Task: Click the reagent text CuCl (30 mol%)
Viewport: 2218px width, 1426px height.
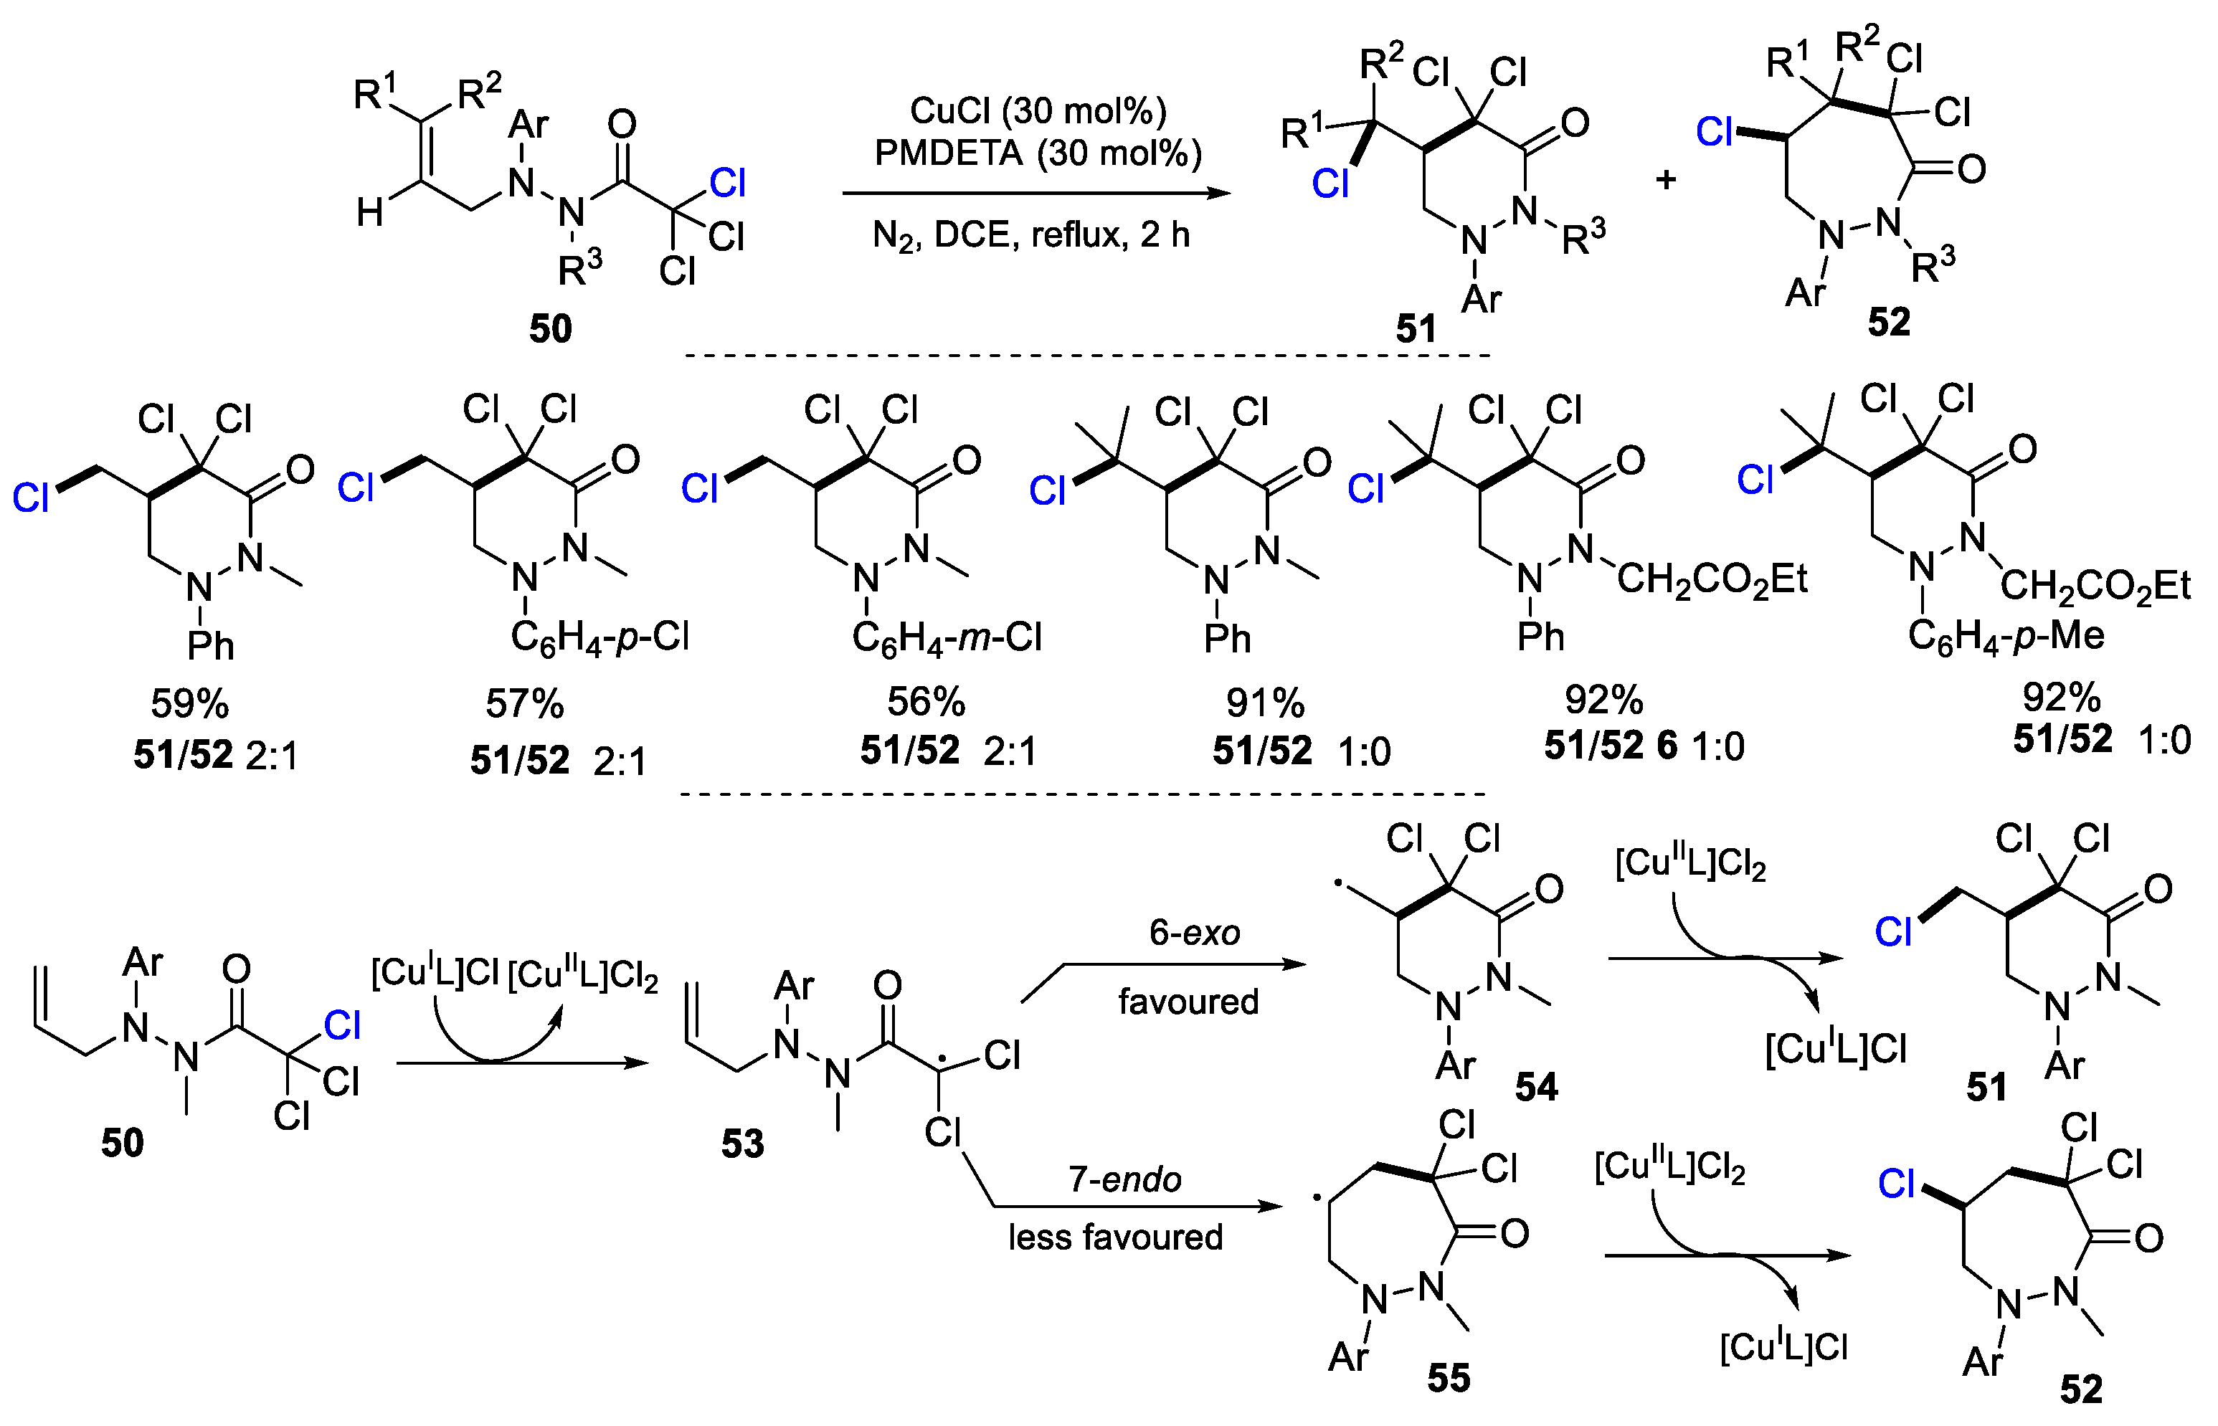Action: pos(1037,111)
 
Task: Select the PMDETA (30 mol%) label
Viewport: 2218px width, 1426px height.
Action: pos(1037,153)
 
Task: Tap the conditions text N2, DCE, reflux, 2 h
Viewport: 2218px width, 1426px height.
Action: pos(1030,236)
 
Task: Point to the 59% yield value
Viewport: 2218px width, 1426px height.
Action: pos(190,705)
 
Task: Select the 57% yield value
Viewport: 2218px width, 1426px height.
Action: pos(524,705)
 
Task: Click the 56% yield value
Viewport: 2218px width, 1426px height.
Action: pos(926,703)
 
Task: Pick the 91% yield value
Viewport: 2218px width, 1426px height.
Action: pos(1265,704)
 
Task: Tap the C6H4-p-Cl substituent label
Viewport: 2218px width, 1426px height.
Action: pos(600,638)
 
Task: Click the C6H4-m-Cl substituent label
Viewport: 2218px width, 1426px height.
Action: pos(947,638)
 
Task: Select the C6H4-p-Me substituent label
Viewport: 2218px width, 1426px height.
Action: pos(2006,636)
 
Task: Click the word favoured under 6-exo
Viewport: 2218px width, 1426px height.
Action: pos(1188,1002)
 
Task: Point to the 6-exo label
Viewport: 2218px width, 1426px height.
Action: pos(1195,933)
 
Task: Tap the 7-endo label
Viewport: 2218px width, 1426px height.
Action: pos(1125,1179)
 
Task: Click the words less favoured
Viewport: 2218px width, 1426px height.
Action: pos(1115,1238)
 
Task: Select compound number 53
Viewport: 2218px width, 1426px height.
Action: pos(743,1144)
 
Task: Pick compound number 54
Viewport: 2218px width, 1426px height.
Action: pos(1536,1087)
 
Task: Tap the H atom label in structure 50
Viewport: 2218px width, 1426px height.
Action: pos(371,213)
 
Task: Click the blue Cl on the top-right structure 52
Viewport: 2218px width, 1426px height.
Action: pos(1714,133)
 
